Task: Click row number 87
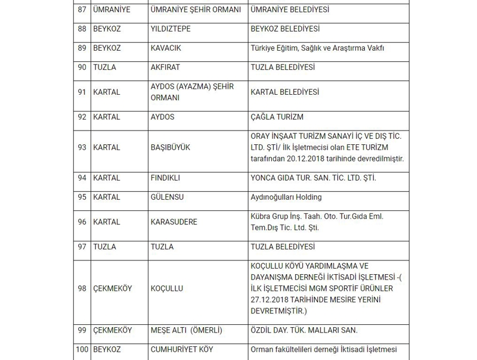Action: tap(82, 10)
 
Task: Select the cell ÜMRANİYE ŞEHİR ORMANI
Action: tap(196, 10)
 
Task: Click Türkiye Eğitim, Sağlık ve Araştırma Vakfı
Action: tap(317, 48)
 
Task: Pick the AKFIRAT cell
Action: tap(165, 67)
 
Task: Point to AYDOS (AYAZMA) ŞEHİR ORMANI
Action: tap(192, 92)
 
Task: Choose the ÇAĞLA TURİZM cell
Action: tap(277, 117)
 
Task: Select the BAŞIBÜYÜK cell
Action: tap(171, 147)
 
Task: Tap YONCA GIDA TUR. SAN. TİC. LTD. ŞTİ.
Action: tap(313, 178)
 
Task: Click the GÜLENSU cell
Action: tap(167, 197)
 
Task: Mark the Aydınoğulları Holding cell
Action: tap(286, 197)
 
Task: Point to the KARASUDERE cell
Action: tap(174, 222)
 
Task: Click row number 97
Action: tap(82, 247)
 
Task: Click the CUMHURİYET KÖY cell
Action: tap(182, 350)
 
